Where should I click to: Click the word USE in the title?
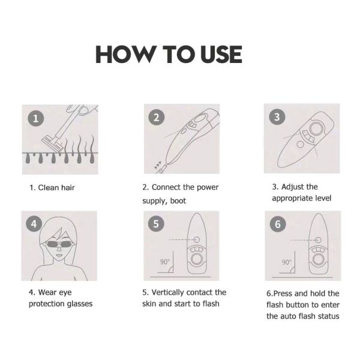click(x=221, y=54)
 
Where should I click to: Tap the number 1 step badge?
click(x=36, y=118)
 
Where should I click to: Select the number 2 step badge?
click(x=157, y=118)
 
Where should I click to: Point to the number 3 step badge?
click(x=277, y=116)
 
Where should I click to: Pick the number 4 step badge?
click(x=34, y=224)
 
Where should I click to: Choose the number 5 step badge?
click(x=156, y=224)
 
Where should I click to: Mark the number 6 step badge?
click(x=278, y=224)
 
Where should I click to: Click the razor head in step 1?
click(x=52, y=144)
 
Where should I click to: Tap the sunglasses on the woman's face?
click(x=59, y=244)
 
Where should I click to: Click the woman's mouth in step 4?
click(x=59, y=255)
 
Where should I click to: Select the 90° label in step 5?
click(x=164, y=262)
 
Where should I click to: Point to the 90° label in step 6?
click(x=286, y=262)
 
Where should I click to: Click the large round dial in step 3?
click(x=316, y=128)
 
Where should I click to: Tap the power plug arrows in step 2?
click(x=158, y=164)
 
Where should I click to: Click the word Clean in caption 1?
click(x=49, y=188)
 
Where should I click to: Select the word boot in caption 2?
click(x=178, y=201)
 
